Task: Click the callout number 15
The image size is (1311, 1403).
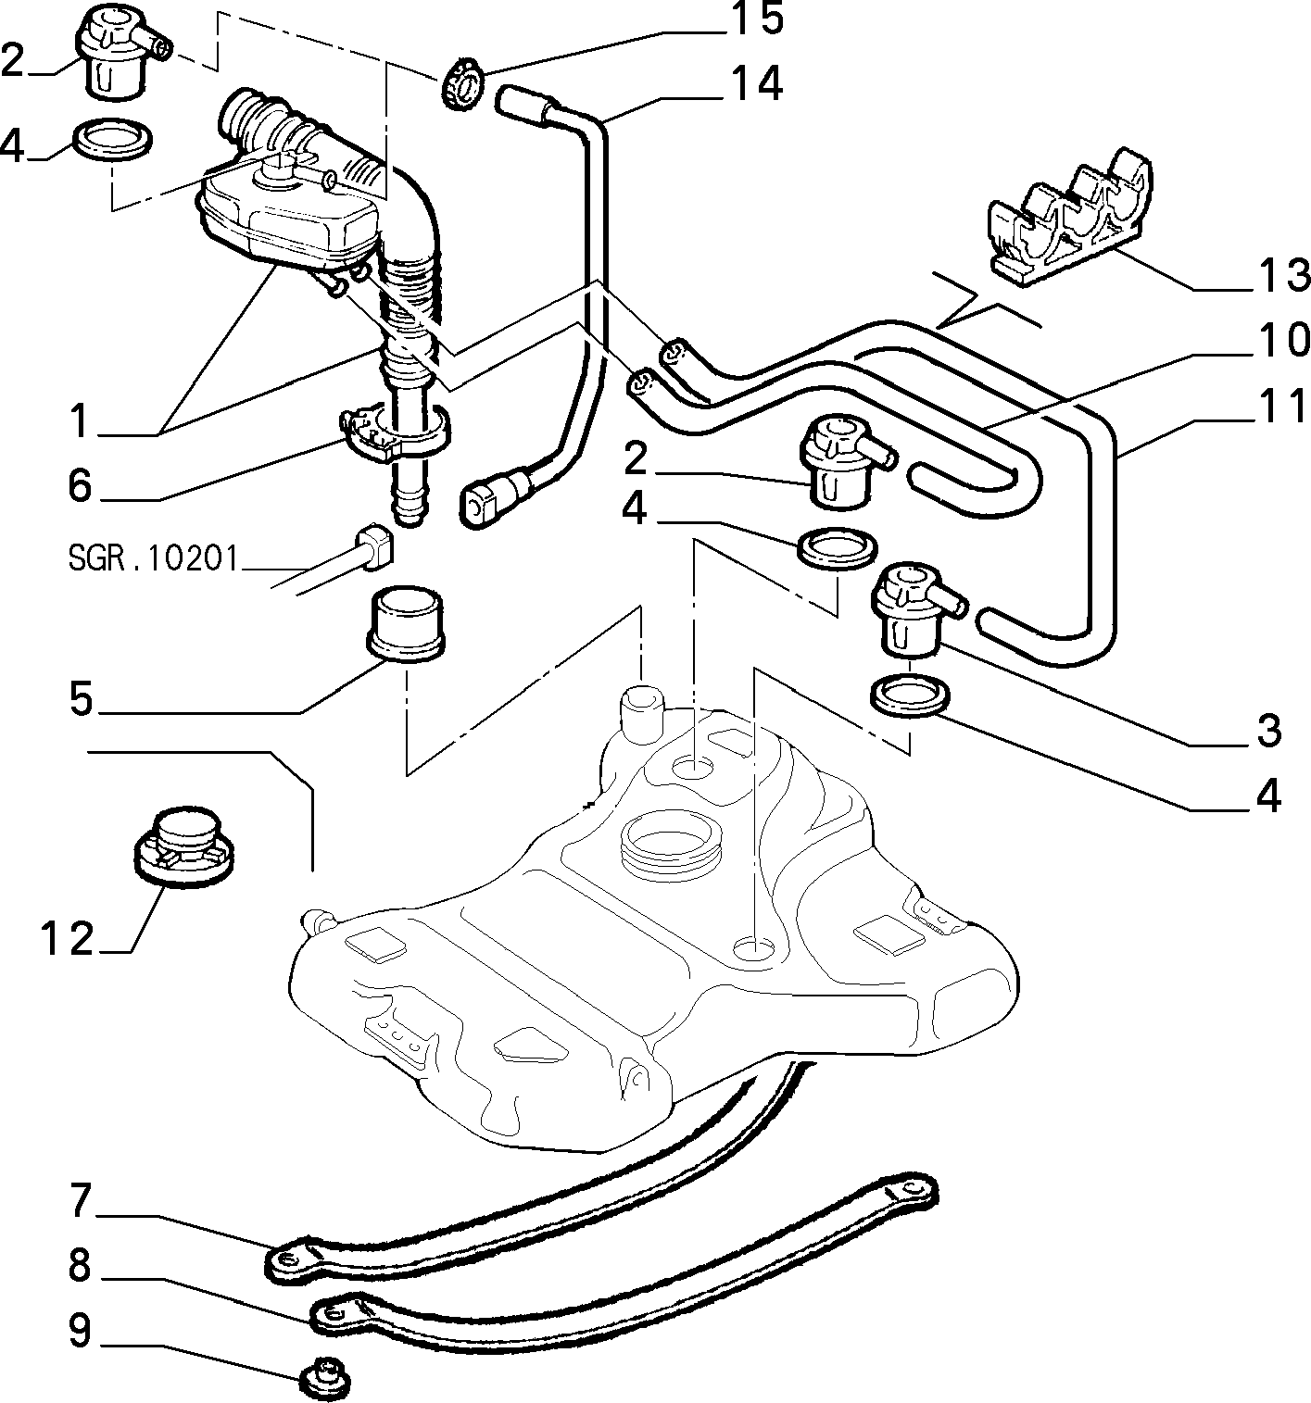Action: pyautogui.click(x=756, y=19)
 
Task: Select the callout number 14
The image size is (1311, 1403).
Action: pyautogui.click(x=756, y=85)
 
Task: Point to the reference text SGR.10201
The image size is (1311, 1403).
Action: pyautogui.click(x=154, y=558)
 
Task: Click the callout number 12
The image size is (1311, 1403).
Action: pyautogui.click(x=68, y=939)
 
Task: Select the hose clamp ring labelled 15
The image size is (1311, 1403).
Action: pyautogui.click(x=461, y=88)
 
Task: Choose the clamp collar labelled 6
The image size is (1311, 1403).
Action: pyautogui.click(x=395, y=433)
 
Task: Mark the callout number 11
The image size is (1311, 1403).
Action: pyautogui.click(x=1279, y=407)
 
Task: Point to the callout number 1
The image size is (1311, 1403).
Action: pyautogui.click(x=79, y=421)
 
